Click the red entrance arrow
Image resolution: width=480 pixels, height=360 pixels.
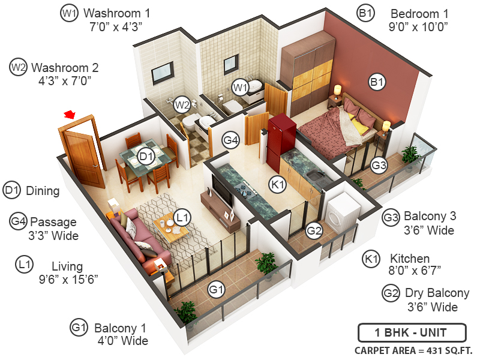[71, 113]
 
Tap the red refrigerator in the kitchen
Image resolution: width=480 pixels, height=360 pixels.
[281, 139]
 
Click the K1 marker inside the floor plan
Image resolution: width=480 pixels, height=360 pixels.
[277, 185]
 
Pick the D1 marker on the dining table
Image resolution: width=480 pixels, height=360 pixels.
[146, 158]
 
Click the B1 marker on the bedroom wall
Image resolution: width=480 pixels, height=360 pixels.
[377, 83]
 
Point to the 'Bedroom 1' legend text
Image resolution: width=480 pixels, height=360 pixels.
[419, 13]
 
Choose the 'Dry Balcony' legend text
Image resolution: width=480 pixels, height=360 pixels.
[437, 293]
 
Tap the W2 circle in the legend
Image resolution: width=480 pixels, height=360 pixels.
[18, 68]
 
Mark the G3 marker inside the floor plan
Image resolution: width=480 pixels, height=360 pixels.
[379, 164]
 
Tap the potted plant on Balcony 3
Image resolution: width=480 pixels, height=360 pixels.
[412, 155]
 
